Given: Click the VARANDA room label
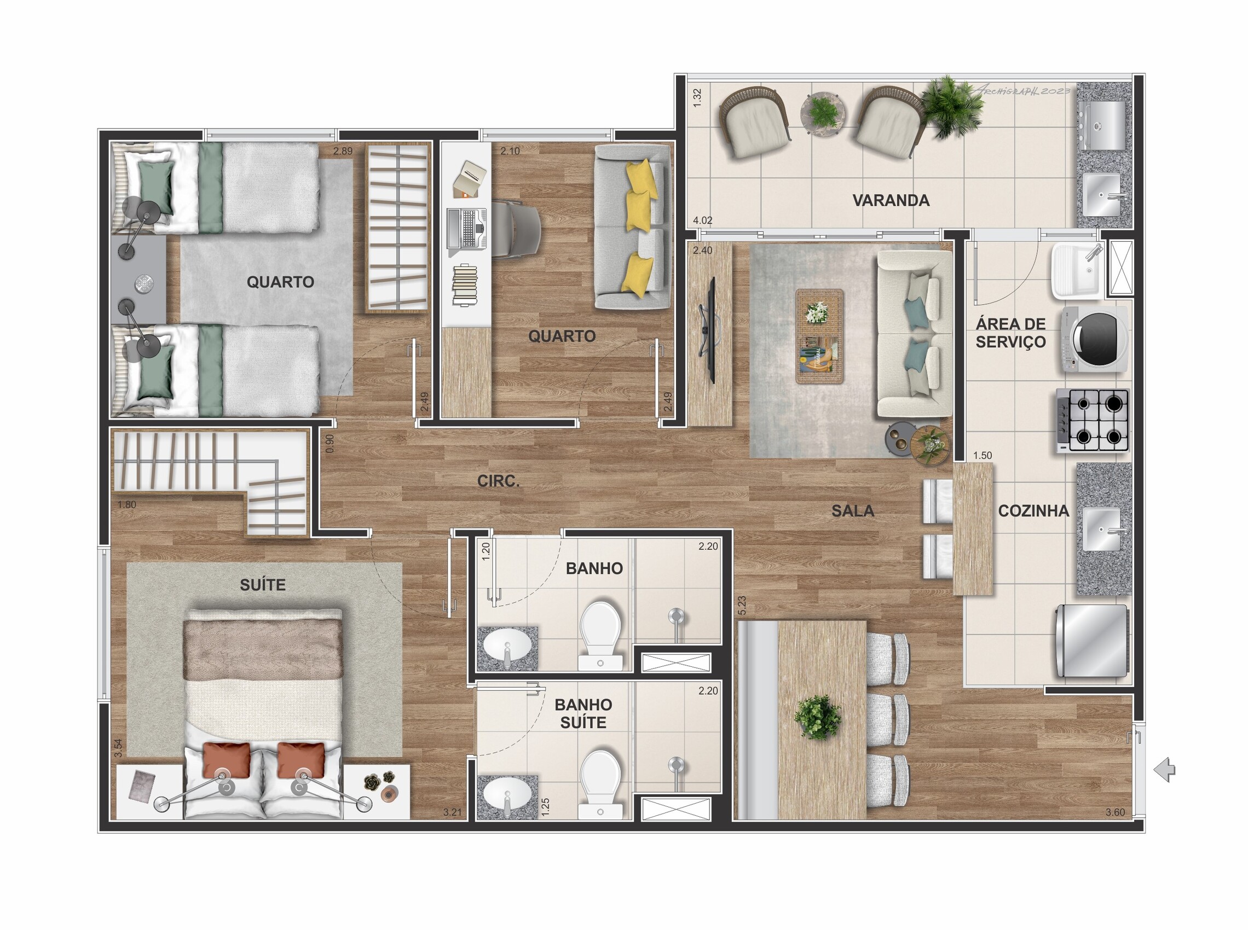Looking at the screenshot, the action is coord(891,200).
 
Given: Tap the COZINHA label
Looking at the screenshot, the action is coord(1033,510).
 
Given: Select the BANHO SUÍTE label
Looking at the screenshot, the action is coord(583,713).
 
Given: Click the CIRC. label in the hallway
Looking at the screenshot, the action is coord(499,481).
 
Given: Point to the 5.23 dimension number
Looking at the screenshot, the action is coord(742,605).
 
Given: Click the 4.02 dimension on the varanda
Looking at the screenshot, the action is coord(703,220).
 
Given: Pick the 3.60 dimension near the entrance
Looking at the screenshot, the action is coord(1115,812).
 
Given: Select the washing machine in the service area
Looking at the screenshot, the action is coord(1095,340).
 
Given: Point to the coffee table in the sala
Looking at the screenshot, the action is coord(819,336).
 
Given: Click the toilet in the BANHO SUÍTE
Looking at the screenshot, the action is coord(600,784).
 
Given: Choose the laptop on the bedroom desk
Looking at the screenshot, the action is coord(466,229).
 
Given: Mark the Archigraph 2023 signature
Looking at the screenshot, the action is coord(1019,90).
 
